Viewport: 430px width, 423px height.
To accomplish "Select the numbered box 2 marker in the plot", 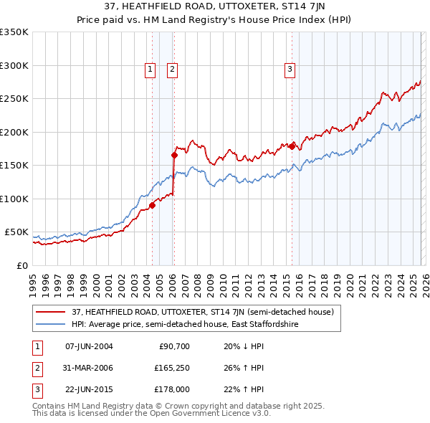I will (x=173, y=70).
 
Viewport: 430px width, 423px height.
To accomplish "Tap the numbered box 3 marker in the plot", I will (x=290, y=70).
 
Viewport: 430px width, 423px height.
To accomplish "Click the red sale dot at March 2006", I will (x=174, y=155).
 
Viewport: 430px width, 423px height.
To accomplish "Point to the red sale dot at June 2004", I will (x=152, y=205).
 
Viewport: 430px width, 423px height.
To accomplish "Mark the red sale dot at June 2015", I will (x=292, y=146).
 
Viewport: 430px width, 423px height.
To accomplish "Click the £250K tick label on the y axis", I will (x=14, y=99).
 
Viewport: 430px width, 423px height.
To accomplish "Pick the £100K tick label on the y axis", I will (x=14, y=199).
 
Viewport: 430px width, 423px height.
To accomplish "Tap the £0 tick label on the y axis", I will (x=21, y=266).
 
